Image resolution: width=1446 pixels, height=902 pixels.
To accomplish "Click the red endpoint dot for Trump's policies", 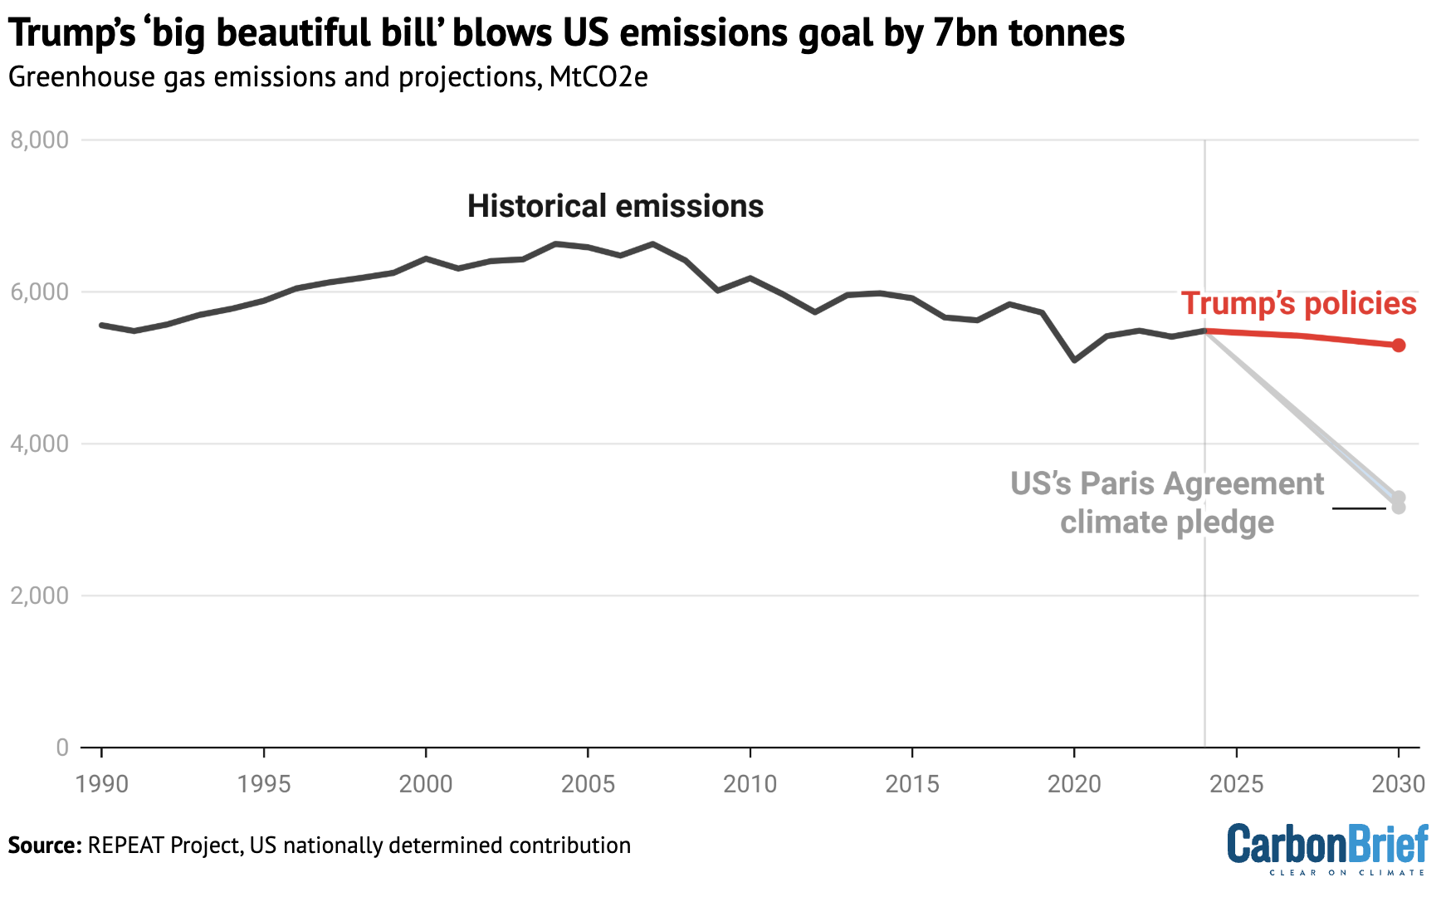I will tap(1399, 345).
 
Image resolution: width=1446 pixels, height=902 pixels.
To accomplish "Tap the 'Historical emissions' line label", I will tap(615, 206).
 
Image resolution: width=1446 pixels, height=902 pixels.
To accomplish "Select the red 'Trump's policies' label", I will tap(1298, 303).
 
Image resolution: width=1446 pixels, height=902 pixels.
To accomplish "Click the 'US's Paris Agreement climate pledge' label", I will tap(1166, 502).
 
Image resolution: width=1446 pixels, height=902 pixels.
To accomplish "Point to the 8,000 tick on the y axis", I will tap(39, 140).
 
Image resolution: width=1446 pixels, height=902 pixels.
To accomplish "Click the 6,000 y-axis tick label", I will tap(39, 292).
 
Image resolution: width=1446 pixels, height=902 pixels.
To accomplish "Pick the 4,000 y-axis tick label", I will tap(39, 444).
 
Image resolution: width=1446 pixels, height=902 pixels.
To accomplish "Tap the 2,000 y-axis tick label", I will tap(39, 596).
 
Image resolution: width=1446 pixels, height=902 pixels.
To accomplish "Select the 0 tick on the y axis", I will tap(62, 748).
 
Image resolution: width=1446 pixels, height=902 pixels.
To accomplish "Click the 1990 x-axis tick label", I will tap(101, 784).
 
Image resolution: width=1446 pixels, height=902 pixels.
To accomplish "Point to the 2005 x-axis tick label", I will tap(588, 784).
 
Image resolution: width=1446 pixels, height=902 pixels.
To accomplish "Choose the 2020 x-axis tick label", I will tap(1074, 784).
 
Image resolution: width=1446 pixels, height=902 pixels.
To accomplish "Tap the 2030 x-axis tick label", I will tap(1399, 784).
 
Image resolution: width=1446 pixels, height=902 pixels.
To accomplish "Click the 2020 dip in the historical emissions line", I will tap(1075, 360).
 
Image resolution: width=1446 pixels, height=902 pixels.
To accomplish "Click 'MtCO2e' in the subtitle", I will tap(598, 77).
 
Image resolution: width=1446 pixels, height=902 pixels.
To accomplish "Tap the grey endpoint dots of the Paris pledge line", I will tap(1399, 502).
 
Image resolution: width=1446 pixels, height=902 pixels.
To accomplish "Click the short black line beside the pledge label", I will tap(1359, 507).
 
